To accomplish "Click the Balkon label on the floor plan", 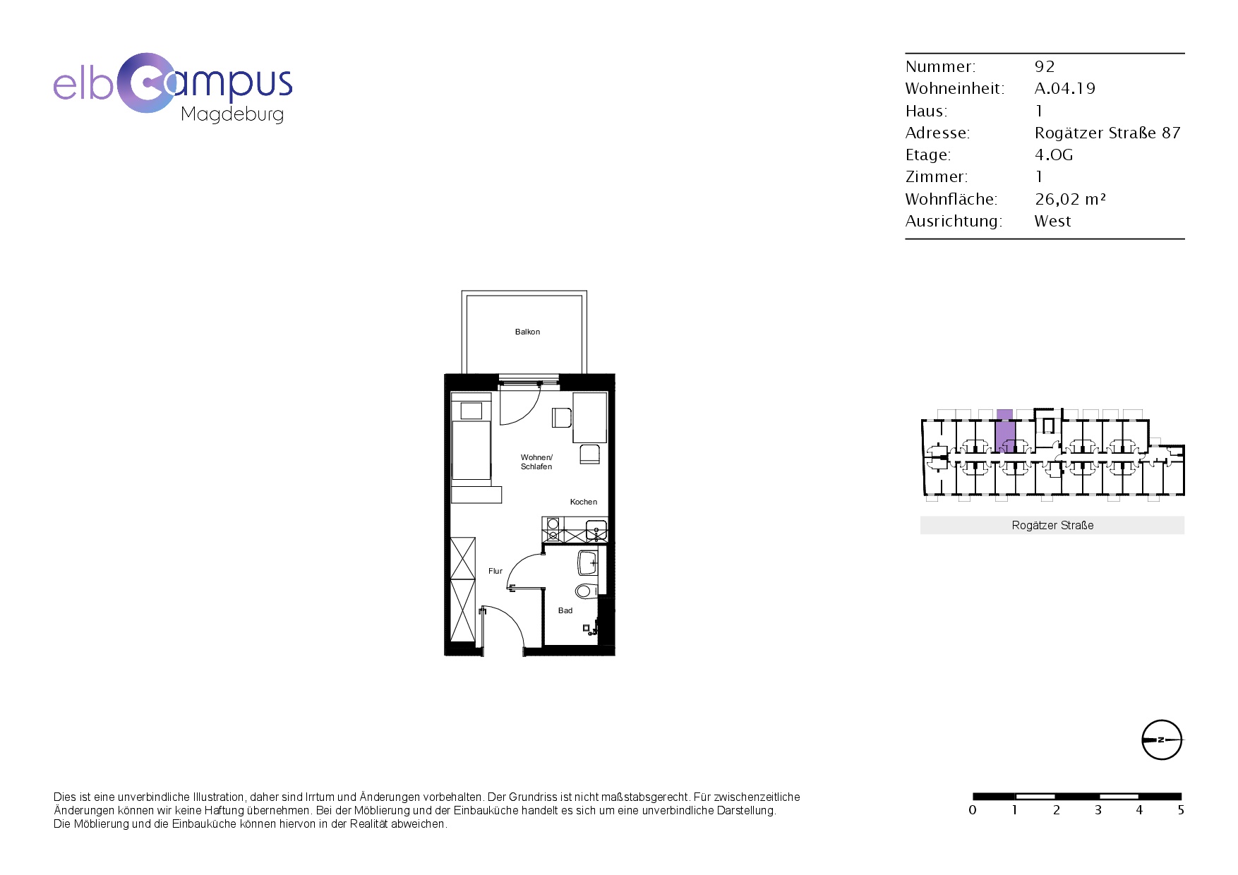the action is pos(527,332).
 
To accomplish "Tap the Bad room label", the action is pos(565,610).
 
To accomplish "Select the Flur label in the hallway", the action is pos(495,571).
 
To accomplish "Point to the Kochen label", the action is pos(584,502).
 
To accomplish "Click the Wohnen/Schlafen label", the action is pos(536,462).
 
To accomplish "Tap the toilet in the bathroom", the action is pos(587,591).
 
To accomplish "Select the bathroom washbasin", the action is pos(588,563).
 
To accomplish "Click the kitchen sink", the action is pos(596,529).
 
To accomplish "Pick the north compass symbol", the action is pos(1162,740).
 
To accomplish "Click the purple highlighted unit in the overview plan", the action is pos(1004,431).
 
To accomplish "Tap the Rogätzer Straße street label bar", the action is pos(1052,525).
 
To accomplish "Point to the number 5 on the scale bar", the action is pos(1181,810).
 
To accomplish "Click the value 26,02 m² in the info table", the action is pos(1070,199).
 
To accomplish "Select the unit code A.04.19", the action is pos(1065,88).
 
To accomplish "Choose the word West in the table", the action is pos(1052,221).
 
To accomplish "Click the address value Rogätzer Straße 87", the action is pos(1107,133).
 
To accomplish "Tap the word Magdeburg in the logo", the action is pos(232,114).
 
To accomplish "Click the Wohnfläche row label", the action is pos(951,199).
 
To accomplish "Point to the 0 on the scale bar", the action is pos(973,810).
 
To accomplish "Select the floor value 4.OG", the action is pos(1054,155).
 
